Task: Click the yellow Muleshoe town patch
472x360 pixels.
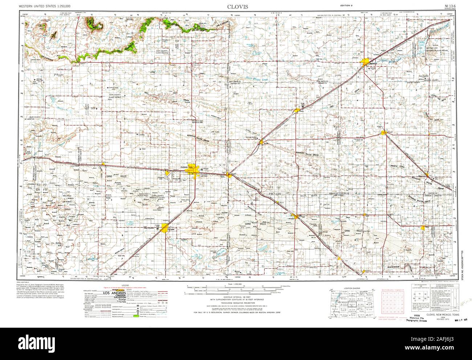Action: (x=296, y=217)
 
